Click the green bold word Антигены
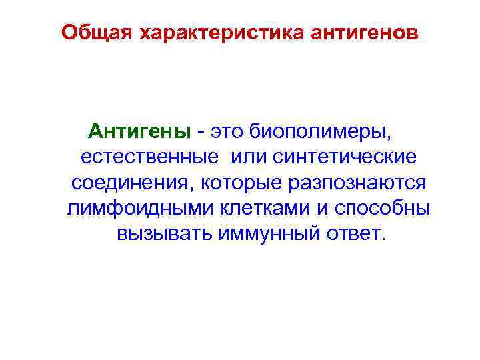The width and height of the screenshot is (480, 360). click(139, 131)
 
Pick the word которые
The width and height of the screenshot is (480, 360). click(239, 183)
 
